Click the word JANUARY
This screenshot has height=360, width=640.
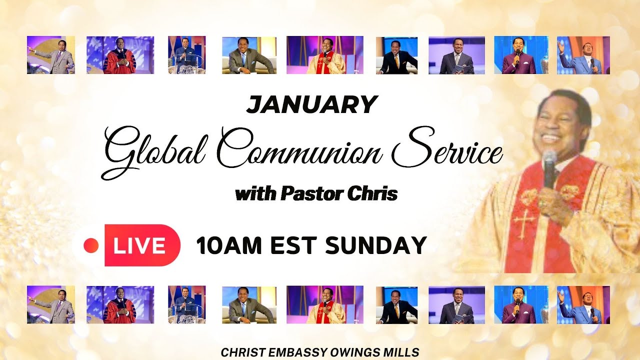pyautogui.click(x=311, y=104)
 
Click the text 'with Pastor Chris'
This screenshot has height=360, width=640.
pyautogui.click(x=316, y=193)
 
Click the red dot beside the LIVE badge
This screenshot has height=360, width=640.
pyautogui.click(x=91, y=245)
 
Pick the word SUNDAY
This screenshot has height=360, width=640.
pyautogui.click(x=375, y=245)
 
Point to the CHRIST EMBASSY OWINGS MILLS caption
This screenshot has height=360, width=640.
pyautogui.click(x=320, y=352)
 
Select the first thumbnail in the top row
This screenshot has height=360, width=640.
pyautogui.click(x=51, y=55)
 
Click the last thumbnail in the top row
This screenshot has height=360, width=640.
pyautogui.click(x=583, y=55)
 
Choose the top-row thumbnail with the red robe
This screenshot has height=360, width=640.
pyautogui.click(x=120, y=55)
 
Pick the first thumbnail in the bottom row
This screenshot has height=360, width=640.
pyautogui.click(x=51, y=304)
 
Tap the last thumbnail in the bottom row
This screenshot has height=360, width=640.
pyautogui.click(x=583, y=304)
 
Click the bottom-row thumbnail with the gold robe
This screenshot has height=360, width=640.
pyautogui.click(x=325, y=304)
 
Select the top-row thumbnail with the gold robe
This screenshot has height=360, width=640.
pyautogui.click(x=325, y=55)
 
